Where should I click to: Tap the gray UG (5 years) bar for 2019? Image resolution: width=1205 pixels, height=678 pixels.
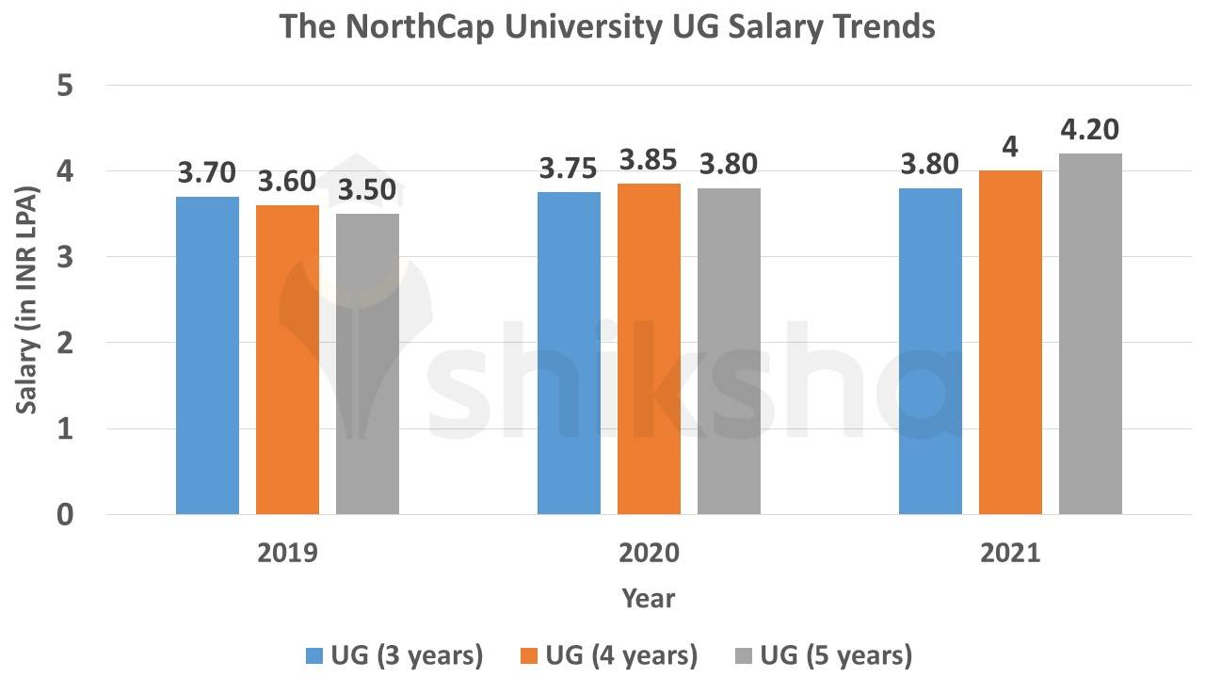[x=367, y=364]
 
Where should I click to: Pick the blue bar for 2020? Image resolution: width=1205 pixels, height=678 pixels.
[x=569, y=353]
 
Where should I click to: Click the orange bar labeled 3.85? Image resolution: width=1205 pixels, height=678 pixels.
[x=649, y=349]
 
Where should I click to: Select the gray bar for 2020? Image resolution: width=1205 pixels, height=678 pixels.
[x=729, y=351]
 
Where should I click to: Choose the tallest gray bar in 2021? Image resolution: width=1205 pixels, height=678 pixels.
[x=1090, y=334]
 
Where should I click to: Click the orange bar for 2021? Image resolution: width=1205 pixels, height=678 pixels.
[x=1010, y=343]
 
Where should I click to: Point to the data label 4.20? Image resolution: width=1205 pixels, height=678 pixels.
[x=1090, y=130]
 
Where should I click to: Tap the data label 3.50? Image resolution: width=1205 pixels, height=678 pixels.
[x=367, y=190]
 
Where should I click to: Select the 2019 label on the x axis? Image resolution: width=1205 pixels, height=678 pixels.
[x=287, y=553]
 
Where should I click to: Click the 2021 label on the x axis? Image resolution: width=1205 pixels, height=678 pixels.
[x=1010, y=553]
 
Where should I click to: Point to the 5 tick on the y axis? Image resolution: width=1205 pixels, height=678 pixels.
[x=65, y=86]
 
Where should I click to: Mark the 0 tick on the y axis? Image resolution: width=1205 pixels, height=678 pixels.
[x=65, y=515]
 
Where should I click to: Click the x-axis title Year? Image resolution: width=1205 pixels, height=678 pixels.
[x=648, y=598]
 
